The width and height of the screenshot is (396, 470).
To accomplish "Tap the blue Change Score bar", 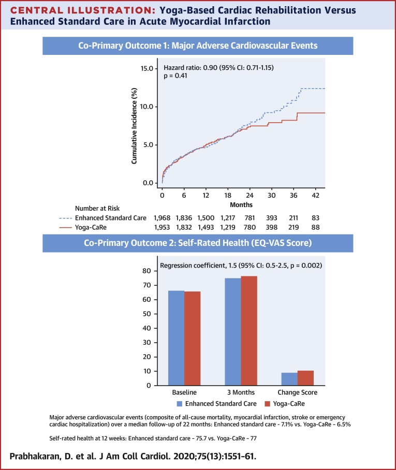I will pyautogui.click(x=290, y=379).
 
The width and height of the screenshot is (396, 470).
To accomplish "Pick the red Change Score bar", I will pyautogui.click(x=306, y=378).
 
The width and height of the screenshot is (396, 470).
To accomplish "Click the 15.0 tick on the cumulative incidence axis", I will pyautogui.click(x=146, y=69).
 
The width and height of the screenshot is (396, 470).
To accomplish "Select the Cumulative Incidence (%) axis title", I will pyautogui.click(x=134, y=126).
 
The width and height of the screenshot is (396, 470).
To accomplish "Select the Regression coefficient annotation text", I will pyautogui.click(x=241, y=266).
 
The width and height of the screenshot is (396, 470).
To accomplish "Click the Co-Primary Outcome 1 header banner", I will pyautogui.click(x=198, y=46).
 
